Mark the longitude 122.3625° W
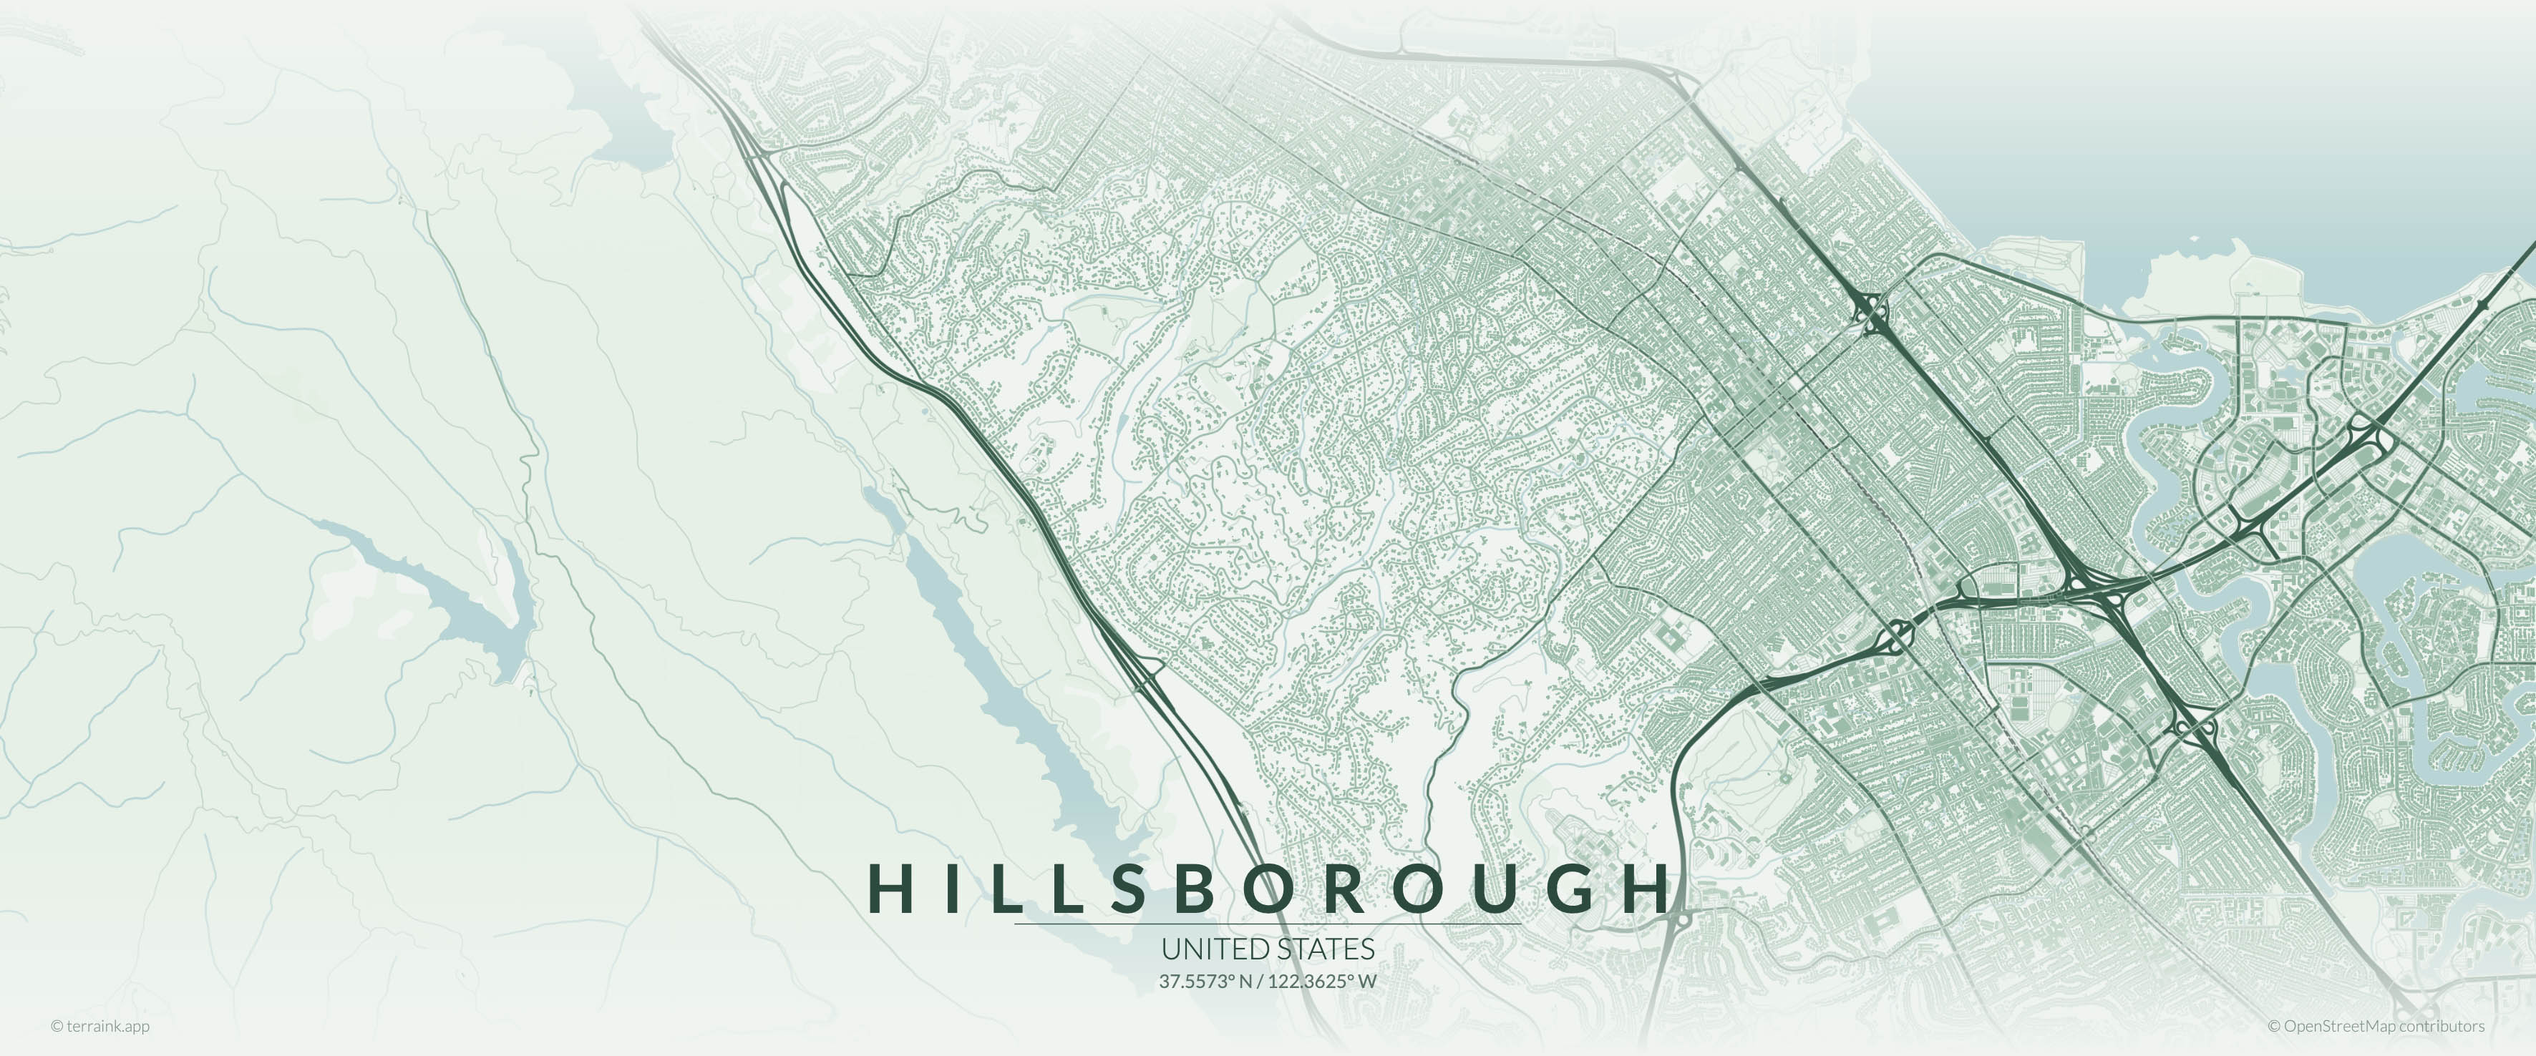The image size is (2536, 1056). point(1322,981)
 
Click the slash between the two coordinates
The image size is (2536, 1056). point(1260,981)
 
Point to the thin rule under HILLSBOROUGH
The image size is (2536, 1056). point(1268,924)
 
